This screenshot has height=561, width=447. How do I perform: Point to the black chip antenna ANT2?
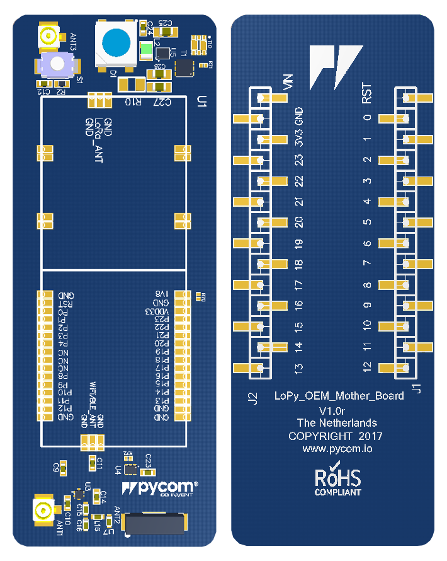[156, 524]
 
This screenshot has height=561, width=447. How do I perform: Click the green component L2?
[146, 50]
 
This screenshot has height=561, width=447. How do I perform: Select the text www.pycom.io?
[337, 449]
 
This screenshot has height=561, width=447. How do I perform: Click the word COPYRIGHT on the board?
[320, 436]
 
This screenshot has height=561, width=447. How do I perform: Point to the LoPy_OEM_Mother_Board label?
[339, 396]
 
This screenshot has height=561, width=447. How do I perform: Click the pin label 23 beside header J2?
[300, 160]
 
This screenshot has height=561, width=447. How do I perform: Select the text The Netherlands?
[337, 423]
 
